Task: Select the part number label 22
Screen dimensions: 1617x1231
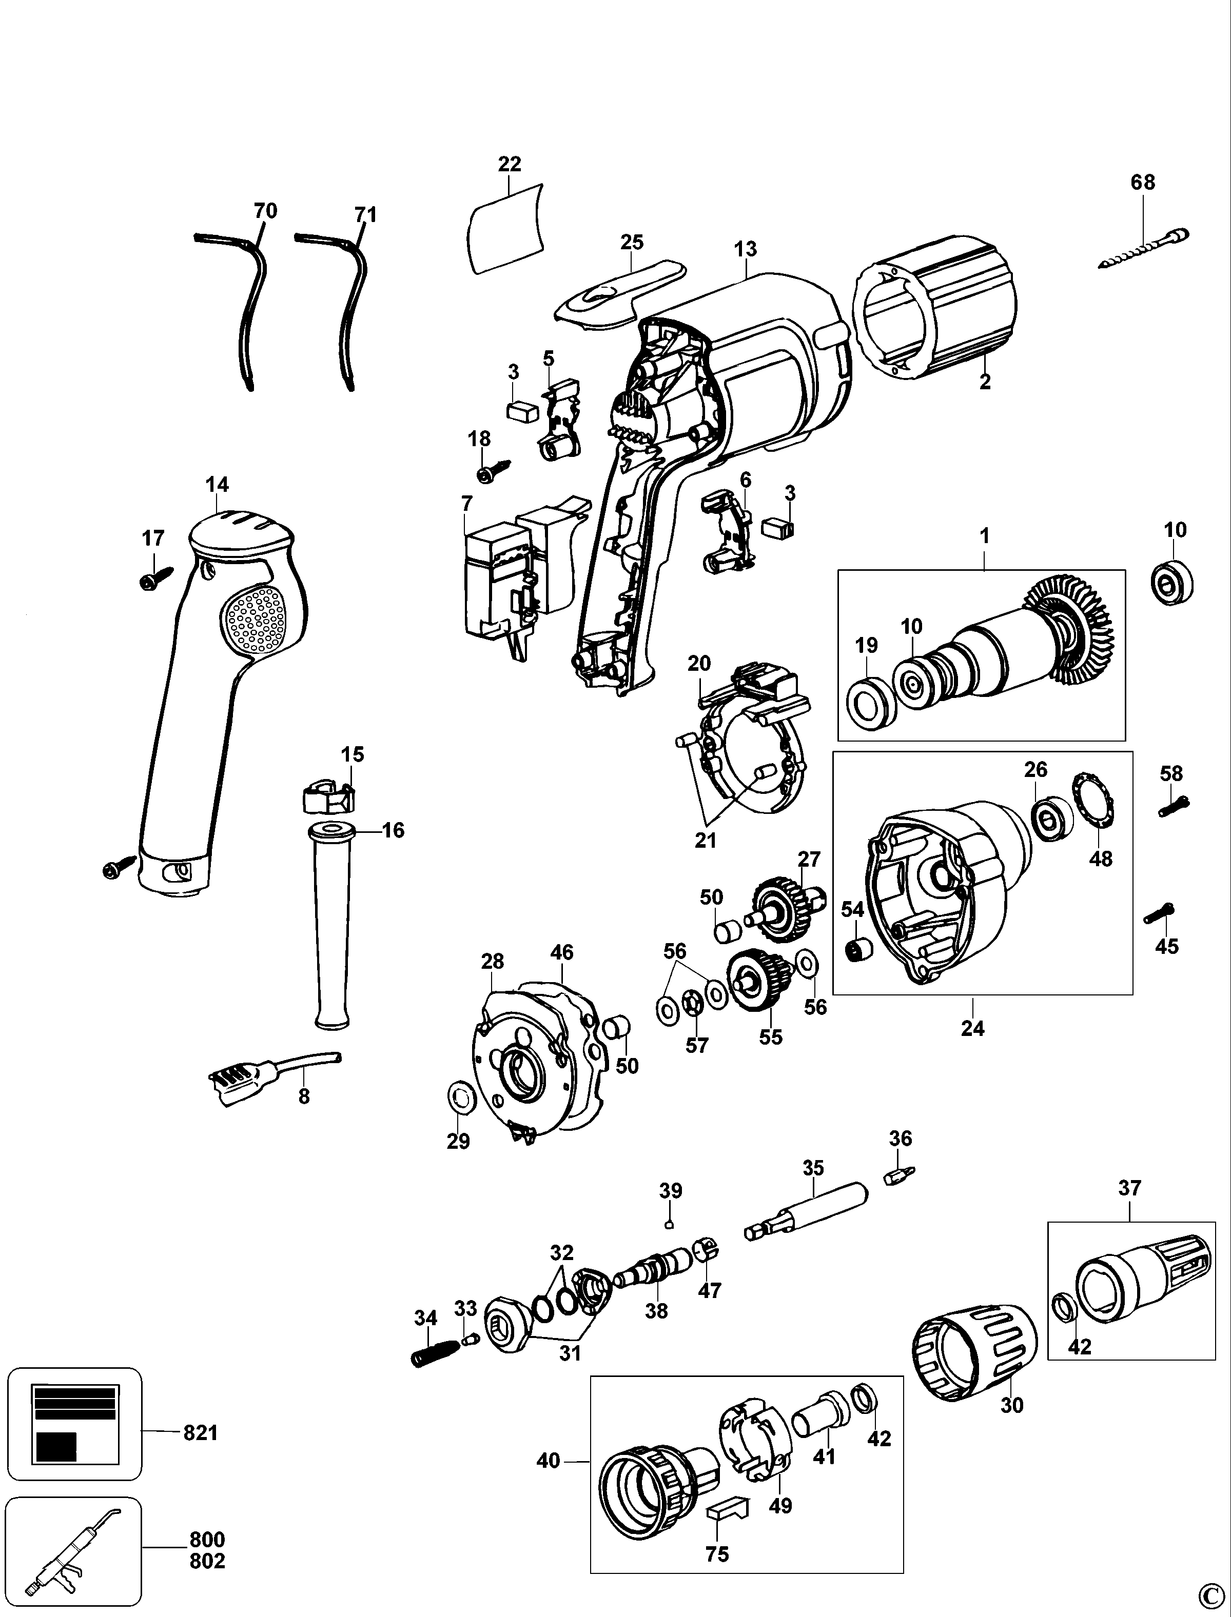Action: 509,164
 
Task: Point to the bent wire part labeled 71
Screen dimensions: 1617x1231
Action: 350,308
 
